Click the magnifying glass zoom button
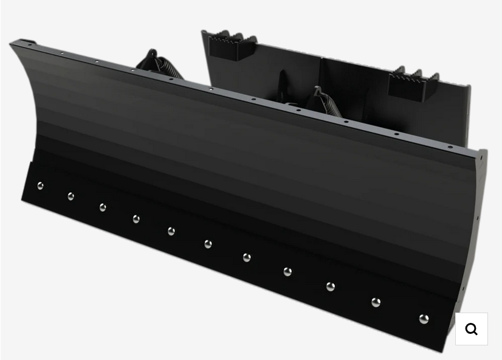coord(472,329)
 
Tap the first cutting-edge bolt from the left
coord(40,186)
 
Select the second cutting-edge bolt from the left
coord(70,196)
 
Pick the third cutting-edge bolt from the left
coord(103,207)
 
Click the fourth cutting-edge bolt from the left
coord(136,219)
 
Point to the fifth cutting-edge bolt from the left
coord(171,231)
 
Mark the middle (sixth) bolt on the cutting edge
coord(208,244)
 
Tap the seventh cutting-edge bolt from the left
coord(247,258)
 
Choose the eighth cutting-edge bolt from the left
coord(287,272)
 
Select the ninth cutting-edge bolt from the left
coord(331,286)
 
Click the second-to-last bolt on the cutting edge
coord(376,302)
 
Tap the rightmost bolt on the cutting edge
coord(424,319)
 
